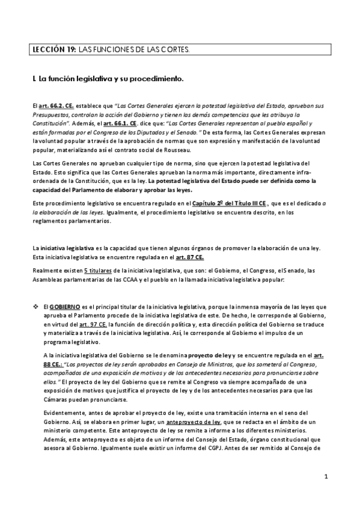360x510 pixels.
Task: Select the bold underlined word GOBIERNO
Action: point(64,307)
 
